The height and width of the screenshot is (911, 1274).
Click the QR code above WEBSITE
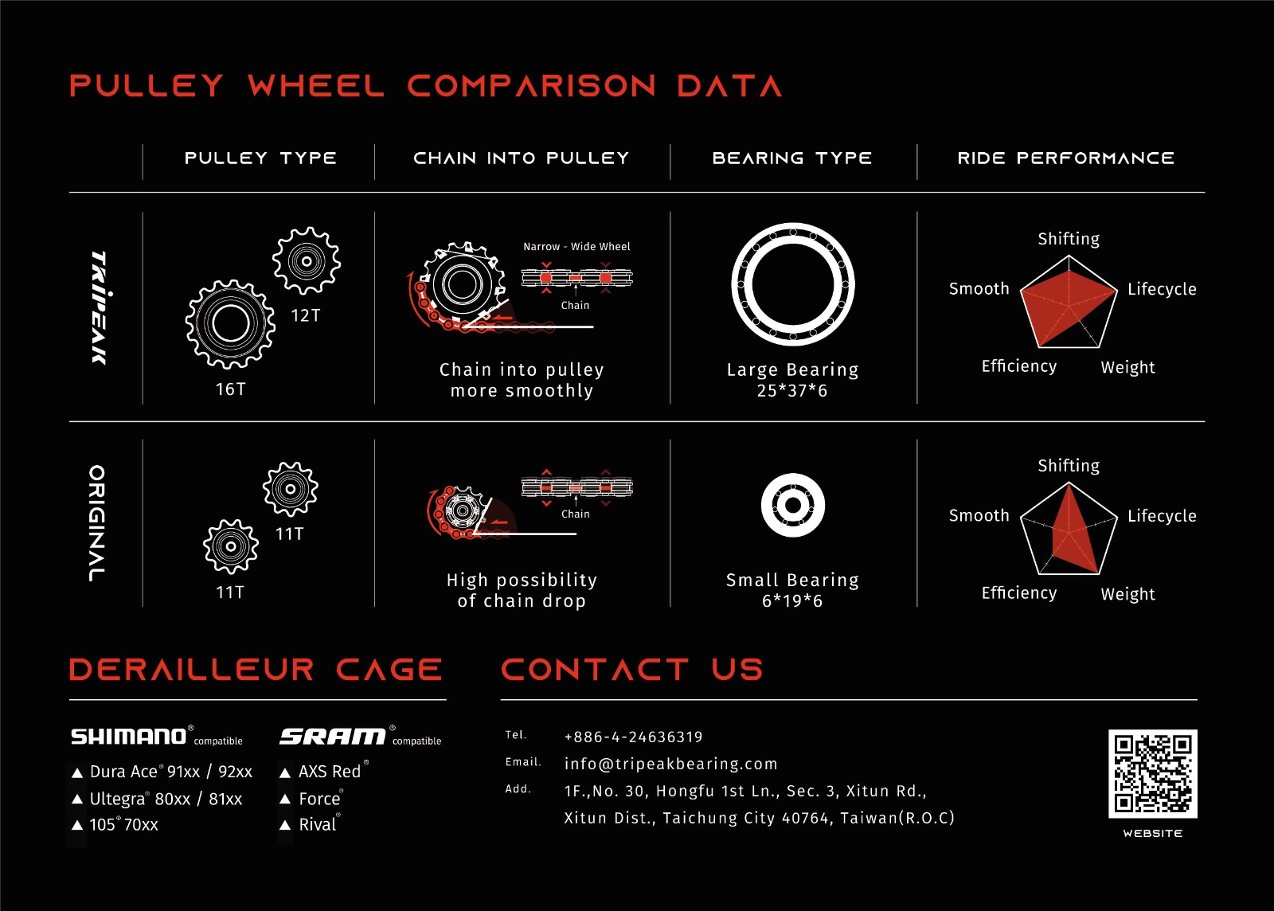click(1152, 773)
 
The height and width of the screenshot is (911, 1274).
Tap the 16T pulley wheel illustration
click(230, 324)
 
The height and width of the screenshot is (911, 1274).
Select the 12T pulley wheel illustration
click(306, 260)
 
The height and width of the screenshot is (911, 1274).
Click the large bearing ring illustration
click(792, 284)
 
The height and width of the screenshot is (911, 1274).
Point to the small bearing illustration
click(792, 505)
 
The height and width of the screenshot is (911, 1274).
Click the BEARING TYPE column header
click(791, 158)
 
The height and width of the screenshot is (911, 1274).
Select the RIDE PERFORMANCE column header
click(1065, 158)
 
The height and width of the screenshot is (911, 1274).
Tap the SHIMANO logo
click(129, 737)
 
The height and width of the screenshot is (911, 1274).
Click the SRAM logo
click(333, 737)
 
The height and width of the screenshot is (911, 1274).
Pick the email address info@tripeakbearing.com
click(670, 764)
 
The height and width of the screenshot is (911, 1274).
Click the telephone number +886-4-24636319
click(633, 737)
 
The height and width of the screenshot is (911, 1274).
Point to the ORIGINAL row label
click(97, 523)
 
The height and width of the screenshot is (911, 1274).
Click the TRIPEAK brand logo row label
click(100, 307)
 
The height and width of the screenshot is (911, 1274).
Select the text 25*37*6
click(791, 391)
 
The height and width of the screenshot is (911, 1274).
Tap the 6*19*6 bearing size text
click(791, 601)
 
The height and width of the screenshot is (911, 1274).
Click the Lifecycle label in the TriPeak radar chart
click(1161, 289)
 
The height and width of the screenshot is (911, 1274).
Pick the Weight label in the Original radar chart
click(1127, 594)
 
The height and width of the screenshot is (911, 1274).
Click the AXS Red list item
click(329, 772)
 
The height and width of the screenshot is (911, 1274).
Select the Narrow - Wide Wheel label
click(576, 247)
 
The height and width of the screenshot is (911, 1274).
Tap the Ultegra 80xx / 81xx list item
click(165, 799)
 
